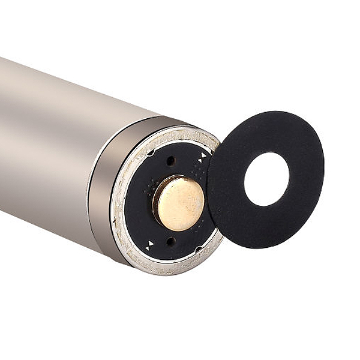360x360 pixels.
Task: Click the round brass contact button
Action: click(x=179, y=203)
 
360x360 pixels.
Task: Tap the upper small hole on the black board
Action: click(x=171, y=161)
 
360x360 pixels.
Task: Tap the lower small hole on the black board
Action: click(x=171, y=241)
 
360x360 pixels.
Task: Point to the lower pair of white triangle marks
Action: click(x=150, y=244)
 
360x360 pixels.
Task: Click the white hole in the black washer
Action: click(x=266, y=179)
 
